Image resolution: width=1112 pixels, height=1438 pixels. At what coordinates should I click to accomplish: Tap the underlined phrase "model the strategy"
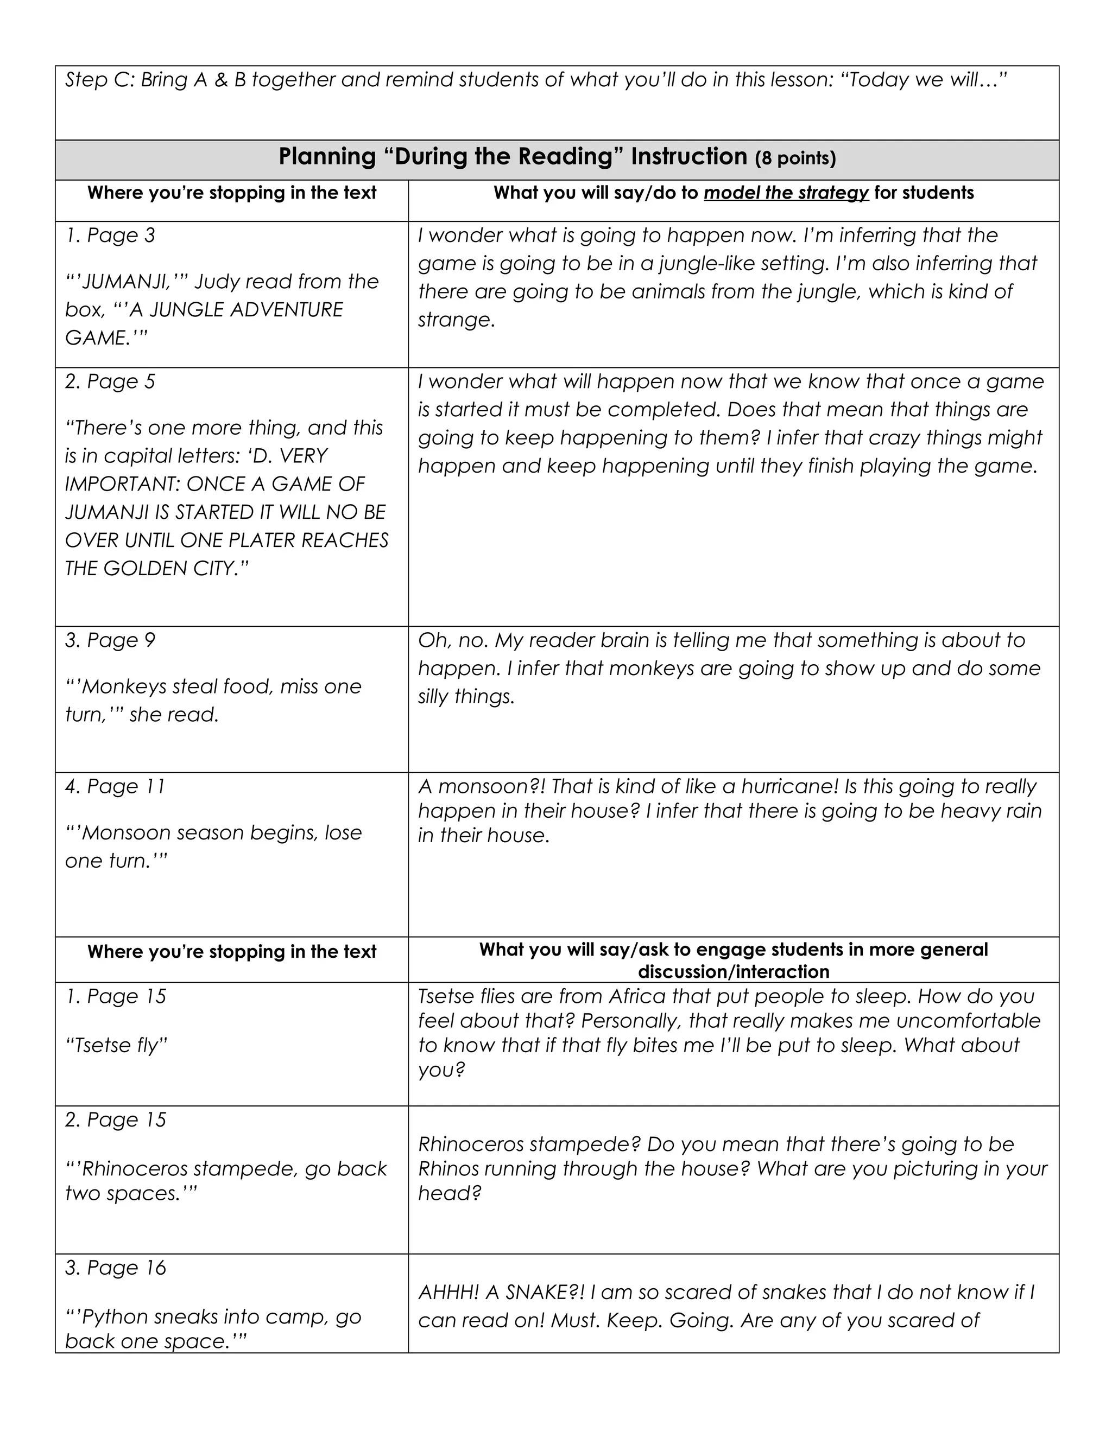[786, 193]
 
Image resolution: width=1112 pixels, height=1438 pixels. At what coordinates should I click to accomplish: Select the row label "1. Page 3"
[110, 236]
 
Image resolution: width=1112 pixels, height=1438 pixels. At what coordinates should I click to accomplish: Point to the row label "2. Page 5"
[110, 382]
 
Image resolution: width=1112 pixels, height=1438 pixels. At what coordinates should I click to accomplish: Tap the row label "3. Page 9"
[110, 641]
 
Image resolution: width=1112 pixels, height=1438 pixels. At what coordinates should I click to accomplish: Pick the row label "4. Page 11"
[115, 787]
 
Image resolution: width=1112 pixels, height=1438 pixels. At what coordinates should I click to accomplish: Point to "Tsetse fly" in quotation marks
[117, 1046]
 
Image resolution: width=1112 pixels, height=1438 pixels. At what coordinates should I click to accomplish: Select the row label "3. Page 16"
[115, 1268]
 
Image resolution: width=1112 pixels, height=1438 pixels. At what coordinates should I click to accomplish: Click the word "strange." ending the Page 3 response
[456, 321]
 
